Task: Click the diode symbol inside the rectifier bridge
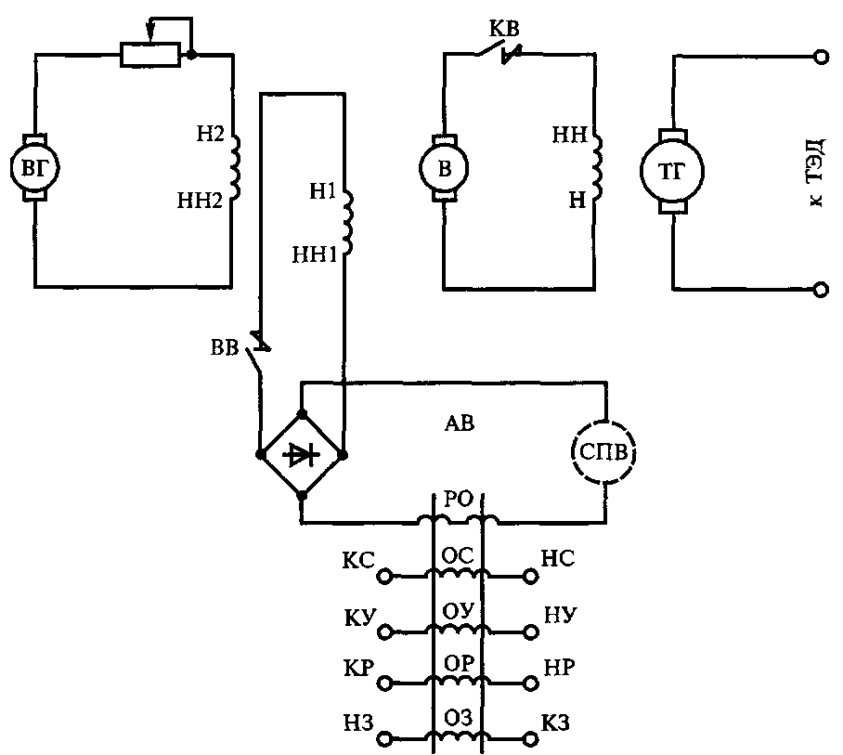[301, 455]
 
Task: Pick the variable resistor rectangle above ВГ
[150, 54]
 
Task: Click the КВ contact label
[504, 29]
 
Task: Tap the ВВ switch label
[225, 347]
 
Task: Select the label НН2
[200, 201]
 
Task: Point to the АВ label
[460, 423]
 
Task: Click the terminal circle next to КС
[385, 577]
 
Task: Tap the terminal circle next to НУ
[531, 631]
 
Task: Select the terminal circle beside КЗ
[531, 739]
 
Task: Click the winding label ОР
[459, 664]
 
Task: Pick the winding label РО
[459, 500]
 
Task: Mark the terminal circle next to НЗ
[385, 739]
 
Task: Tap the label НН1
[315, 254]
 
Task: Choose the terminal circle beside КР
[385, 683]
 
